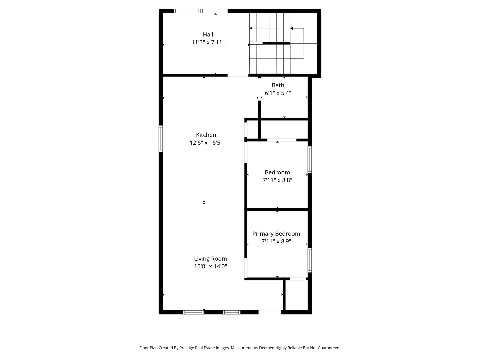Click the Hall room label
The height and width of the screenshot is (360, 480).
coord(208,34)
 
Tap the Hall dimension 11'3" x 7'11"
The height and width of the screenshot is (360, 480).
coord(208,42)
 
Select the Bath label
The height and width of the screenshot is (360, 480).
coord(278,85)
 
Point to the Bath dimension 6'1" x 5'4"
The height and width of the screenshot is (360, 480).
coord(278,93)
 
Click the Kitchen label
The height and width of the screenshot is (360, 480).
coord(206,135)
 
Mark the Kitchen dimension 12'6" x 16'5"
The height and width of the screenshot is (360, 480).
coord(206,143)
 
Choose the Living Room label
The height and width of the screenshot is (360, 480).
coord(210,259)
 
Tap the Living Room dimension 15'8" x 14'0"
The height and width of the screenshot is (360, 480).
coord(210,267)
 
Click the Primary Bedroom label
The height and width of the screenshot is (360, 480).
coord(276,234)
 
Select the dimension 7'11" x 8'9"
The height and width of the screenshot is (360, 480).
coord(276,242)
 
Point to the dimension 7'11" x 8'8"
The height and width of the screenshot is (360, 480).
coord(277,180)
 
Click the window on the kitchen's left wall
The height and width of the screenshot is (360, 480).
coord(161,139)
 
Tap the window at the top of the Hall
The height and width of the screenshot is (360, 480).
coord(201,11)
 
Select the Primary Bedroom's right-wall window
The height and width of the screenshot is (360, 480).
coord(310,260)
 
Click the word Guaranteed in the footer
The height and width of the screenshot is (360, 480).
coord(328,348)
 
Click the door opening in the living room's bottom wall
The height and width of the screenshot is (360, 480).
coord(270,312)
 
